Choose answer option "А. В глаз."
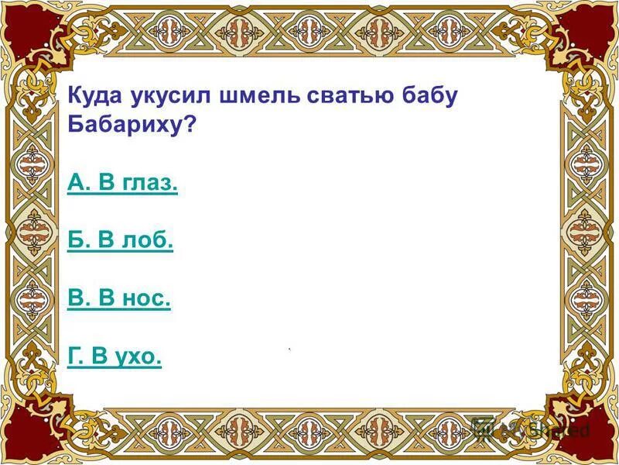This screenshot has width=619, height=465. [x=122, y=184]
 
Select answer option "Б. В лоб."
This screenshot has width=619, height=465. [x=120, y=241]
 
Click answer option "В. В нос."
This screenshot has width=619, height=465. [x=118, y=298]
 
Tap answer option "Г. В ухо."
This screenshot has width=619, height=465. [x=115, y=356]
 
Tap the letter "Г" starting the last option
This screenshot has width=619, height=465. [x=73, y=356]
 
